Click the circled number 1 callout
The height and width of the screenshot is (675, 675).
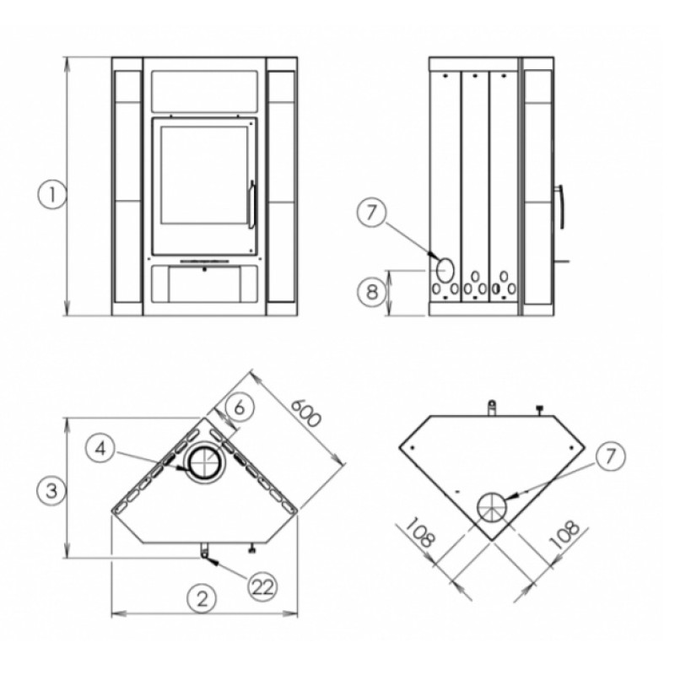52,195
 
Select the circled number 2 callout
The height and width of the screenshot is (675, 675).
202,599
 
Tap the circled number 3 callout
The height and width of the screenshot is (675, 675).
51,490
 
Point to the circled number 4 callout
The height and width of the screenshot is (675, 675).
100,450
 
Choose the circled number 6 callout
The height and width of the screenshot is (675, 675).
239,407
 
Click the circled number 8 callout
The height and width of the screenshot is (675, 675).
372,292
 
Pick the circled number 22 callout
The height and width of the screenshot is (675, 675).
262,587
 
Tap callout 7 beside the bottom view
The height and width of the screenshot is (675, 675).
610,456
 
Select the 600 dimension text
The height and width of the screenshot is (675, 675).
306,413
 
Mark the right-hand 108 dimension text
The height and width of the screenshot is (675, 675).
564,534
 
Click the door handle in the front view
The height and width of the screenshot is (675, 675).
251,204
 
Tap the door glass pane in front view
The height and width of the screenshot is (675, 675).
204,175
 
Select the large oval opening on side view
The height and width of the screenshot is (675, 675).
445,269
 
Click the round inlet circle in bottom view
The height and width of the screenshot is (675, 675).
491,507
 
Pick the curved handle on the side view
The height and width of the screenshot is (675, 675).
561,207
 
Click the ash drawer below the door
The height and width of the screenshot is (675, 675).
204,284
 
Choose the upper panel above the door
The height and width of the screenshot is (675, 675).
204,89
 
